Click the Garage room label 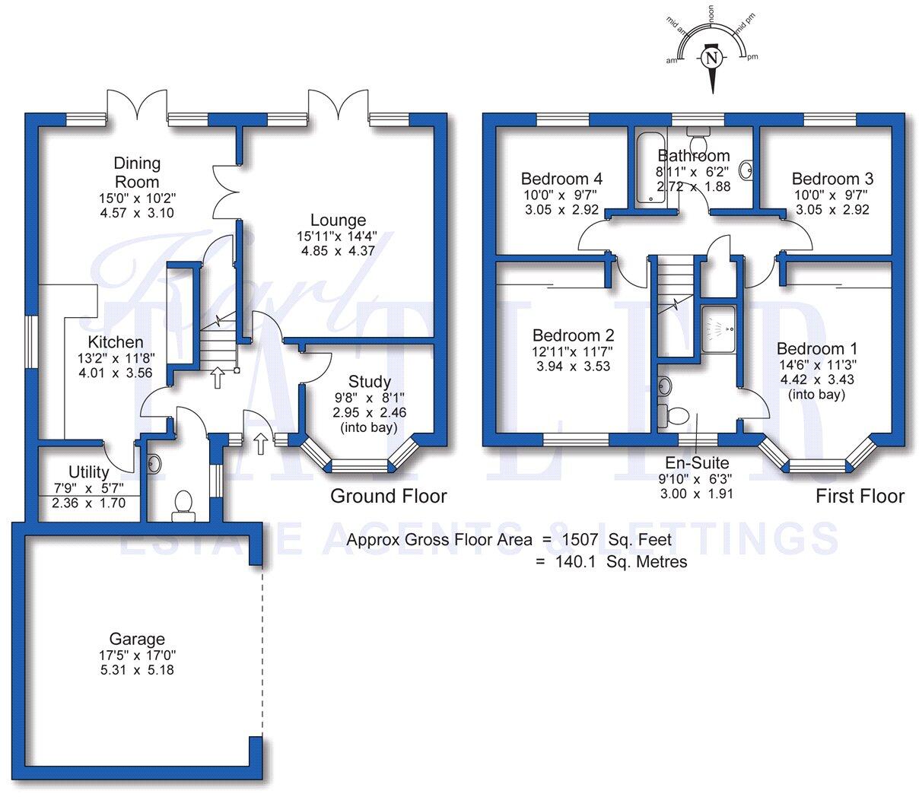click(137, 640)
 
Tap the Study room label click(369, 382)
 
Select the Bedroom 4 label click(561, 179)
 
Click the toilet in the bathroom click(697, 143)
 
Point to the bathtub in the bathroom click(648, 167)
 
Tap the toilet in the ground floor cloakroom click(183, 506)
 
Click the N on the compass click(711, 58)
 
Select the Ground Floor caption click(388, 497)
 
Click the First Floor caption click(860, 497)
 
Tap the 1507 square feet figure click(580, 540)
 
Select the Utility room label click(88, 472)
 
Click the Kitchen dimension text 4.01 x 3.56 click(115, 373)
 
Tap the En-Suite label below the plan click(697, 462)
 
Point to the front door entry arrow click(260, 442)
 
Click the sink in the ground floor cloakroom click(154, 462)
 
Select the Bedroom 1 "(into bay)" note click(816, 395)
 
